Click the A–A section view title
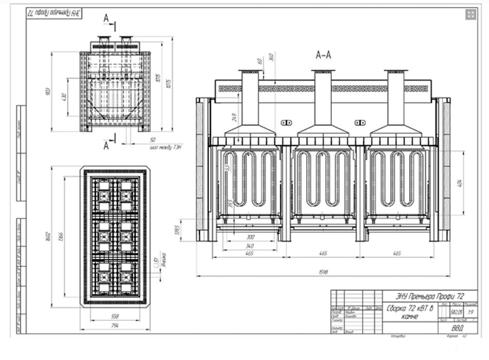323,54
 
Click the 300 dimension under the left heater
251,237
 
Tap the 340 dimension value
251,246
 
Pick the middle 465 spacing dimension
324,254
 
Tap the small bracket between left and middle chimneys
286,122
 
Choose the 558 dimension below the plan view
115,315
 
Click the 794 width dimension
115,326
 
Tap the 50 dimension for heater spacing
153,140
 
